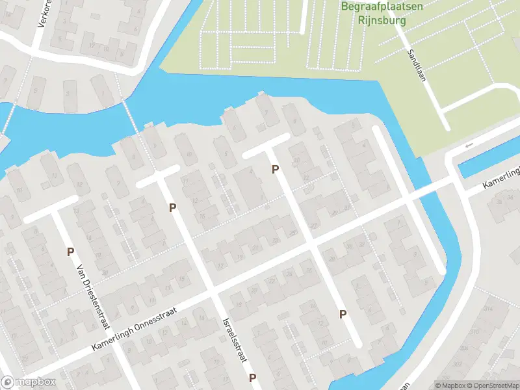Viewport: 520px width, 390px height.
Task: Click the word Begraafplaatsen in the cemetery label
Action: pos(382,7)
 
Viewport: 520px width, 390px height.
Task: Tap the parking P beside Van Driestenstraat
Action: pos(70,252)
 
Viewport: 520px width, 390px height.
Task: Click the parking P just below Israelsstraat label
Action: pos(252,378)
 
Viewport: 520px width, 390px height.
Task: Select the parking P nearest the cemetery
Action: pos(276,170)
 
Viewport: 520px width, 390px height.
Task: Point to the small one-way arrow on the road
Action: pos(469,144)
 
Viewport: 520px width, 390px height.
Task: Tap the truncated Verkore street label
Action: pos(44,13)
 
